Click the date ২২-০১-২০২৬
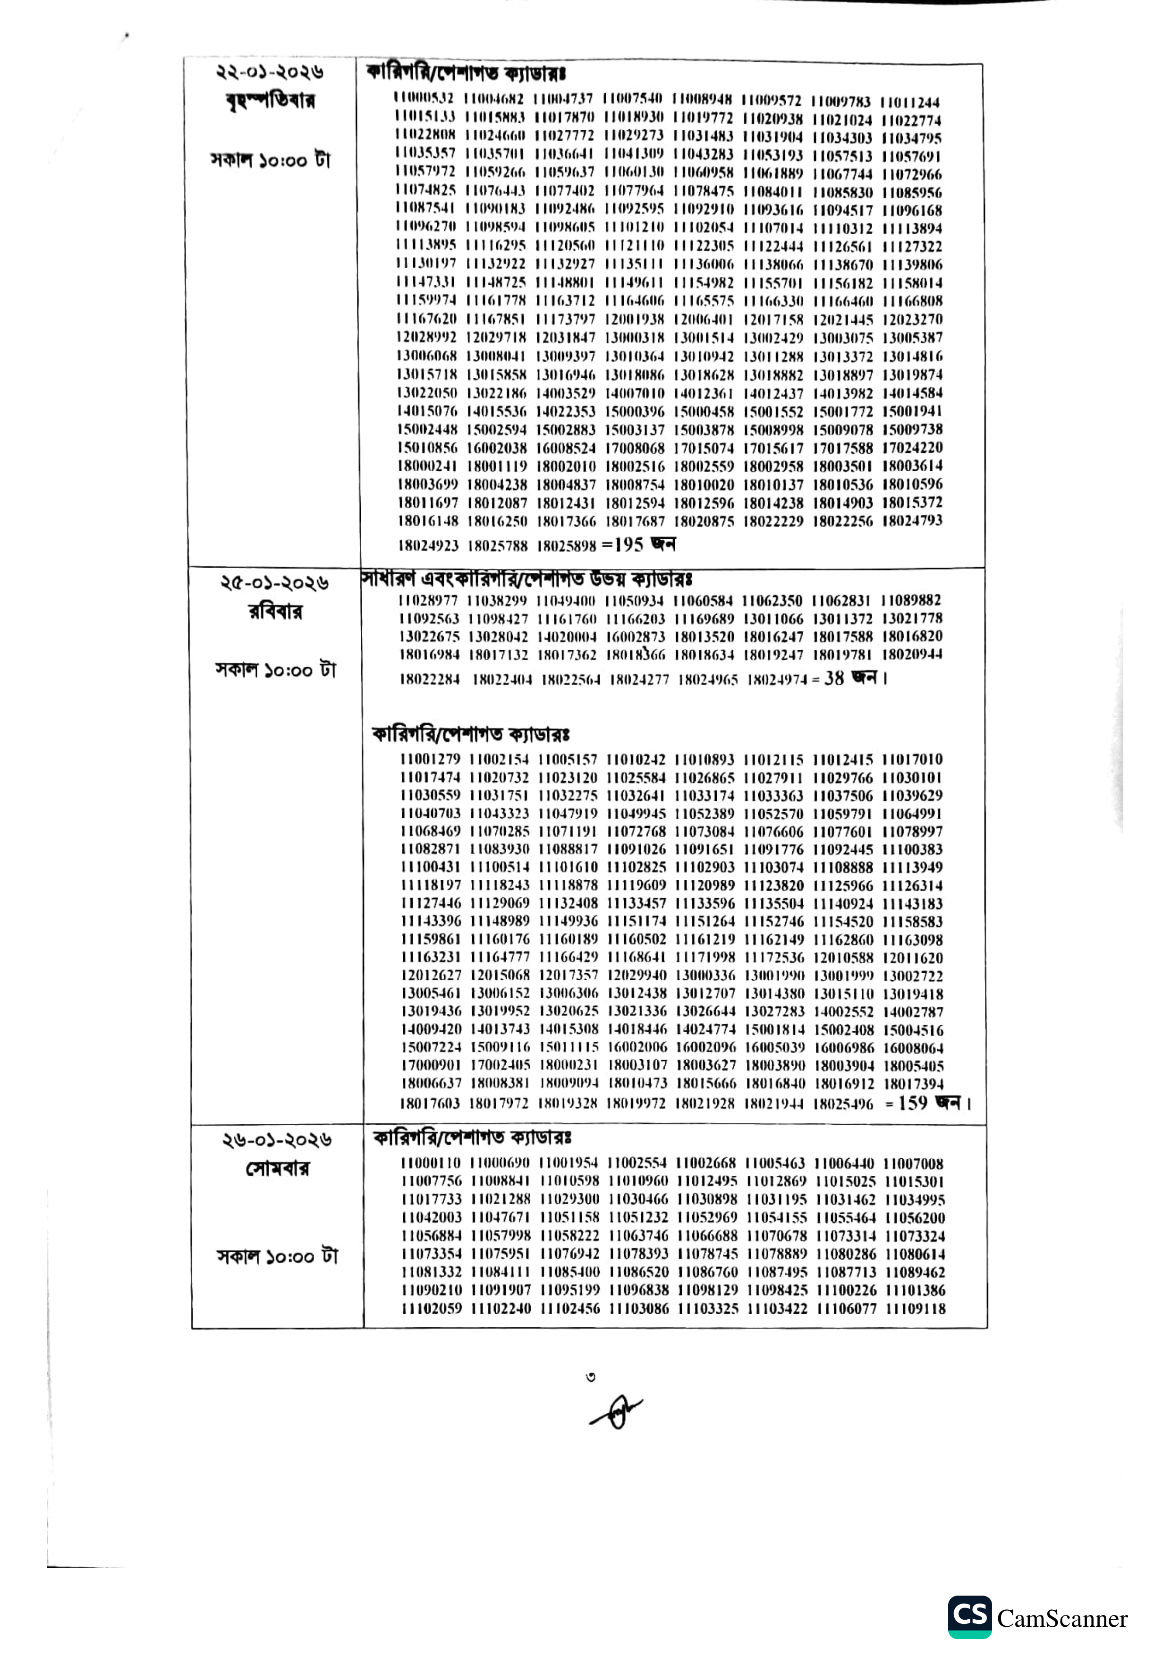click(271, 72)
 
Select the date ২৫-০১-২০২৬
click(275, 583)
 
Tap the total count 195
click(628, 545)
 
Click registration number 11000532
click(424, 98)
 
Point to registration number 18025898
click(567, 546)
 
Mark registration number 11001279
click(430, 759)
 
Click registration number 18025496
click(843, 1104)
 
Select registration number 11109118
click(915, 1309)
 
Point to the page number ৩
click(591, 1377)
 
